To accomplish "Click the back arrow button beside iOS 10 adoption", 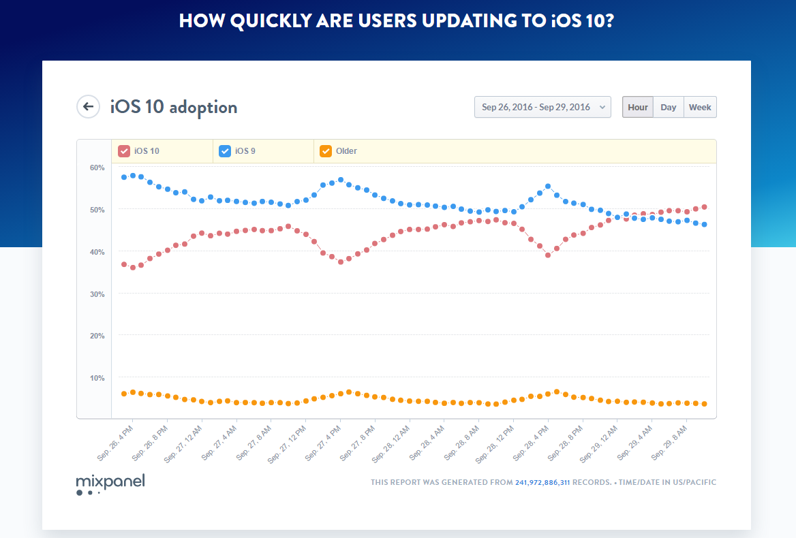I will coord(88,106).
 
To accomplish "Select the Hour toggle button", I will coord(638,107).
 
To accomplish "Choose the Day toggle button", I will coord(669,107).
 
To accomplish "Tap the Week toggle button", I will coord(700,107).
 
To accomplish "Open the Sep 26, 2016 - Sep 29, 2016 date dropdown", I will coord(542,107).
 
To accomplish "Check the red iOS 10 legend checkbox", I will coord(124,151).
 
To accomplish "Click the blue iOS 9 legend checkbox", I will coord(225,151).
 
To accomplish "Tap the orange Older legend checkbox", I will coord(326,151).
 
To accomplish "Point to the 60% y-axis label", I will coord(97,168).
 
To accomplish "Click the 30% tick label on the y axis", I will coord(97,294).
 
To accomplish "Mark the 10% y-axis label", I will coord(97,378).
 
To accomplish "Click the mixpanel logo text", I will coord(110,481).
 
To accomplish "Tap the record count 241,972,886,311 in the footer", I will coord(542,483).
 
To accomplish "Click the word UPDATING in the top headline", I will coord(433,21).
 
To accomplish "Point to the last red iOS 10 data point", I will coord(704,207).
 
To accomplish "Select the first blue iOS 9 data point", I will coord(124,177).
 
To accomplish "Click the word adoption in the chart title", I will coord(203,107).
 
